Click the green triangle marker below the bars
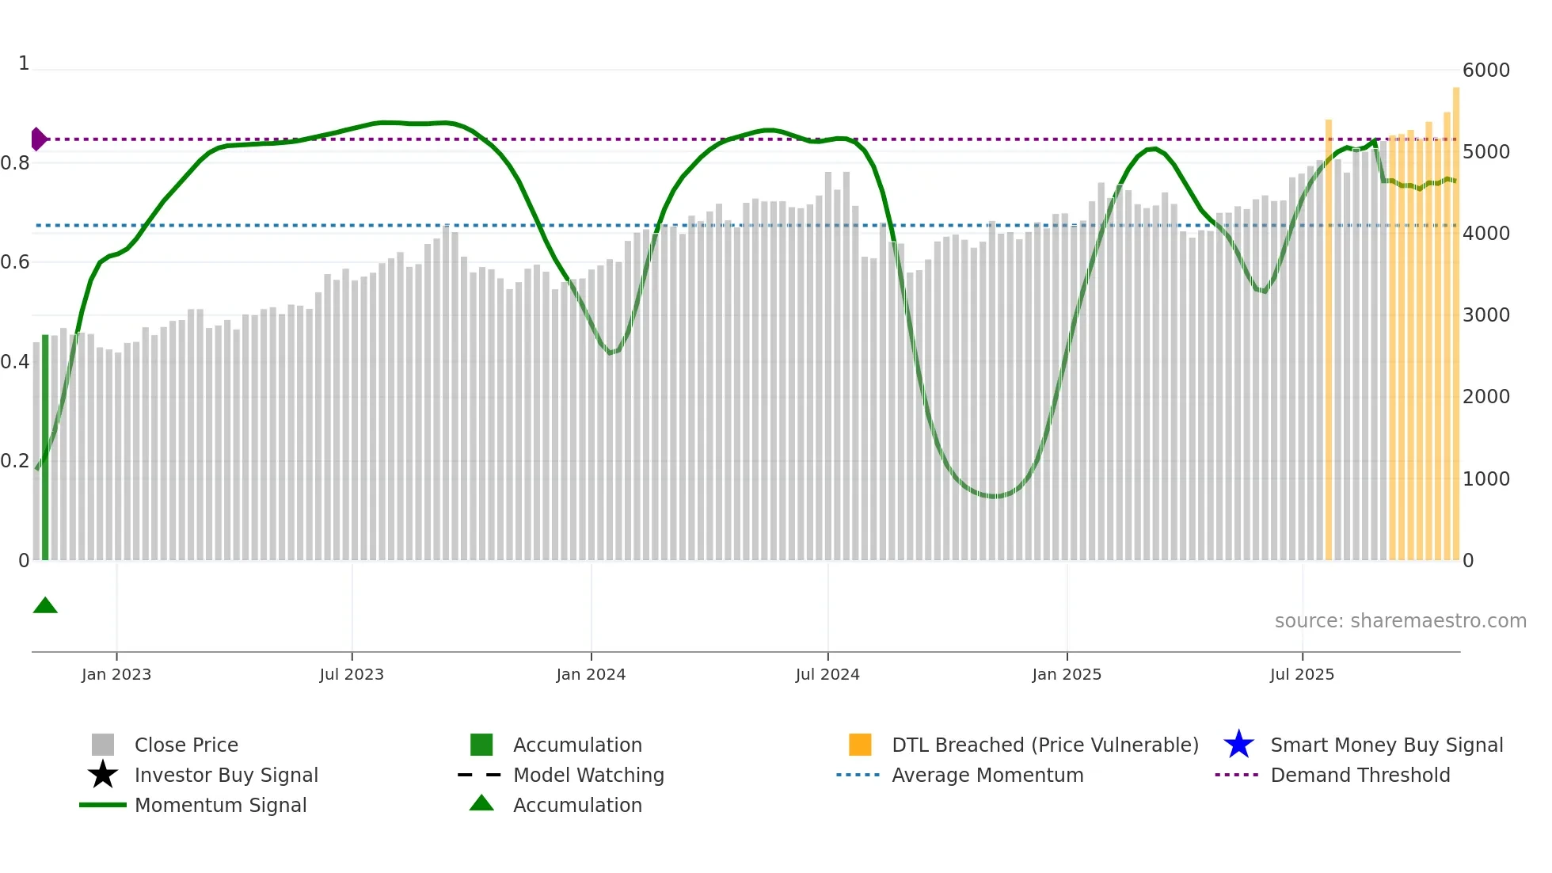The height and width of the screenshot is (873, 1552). (x=45, y=606)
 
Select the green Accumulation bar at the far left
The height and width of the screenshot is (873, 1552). (x=45, y=448)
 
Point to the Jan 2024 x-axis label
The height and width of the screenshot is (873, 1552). (x=591, y=675)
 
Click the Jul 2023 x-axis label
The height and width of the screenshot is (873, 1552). (x=352, y=675)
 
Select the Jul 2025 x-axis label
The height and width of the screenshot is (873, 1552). (x=1302, y=675)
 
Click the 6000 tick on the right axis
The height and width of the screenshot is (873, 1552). (x=1485, y=71)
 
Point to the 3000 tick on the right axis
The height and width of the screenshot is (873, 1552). (x=1485, y=315)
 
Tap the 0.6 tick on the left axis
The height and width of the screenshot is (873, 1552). (x=16, y=262)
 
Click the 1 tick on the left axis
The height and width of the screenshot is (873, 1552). (x=24, y=63)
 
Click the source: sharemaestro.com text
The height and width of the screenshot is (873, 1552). (x=1400, y=621)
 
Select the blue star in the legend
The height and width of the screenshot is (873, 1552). (x=1238, y=745)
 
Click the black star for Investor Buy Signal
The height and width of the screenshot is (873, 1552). (x=103, y=775)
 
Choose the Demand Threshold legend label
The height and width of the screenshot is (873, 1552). (x=1360, y=776)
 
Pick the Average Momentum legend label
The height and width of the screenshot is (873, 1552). (x=987, y=776)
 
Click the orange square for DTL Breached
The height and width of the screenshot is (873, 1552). (x=860, y=745)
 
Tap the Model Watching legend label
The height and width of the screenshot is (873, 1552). (x=588, y=776)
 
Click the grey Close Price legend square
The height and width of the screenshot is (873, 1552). (x=103, y=745)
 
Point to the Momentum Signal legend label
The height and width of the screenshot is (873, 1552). (x=220, y=806)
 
